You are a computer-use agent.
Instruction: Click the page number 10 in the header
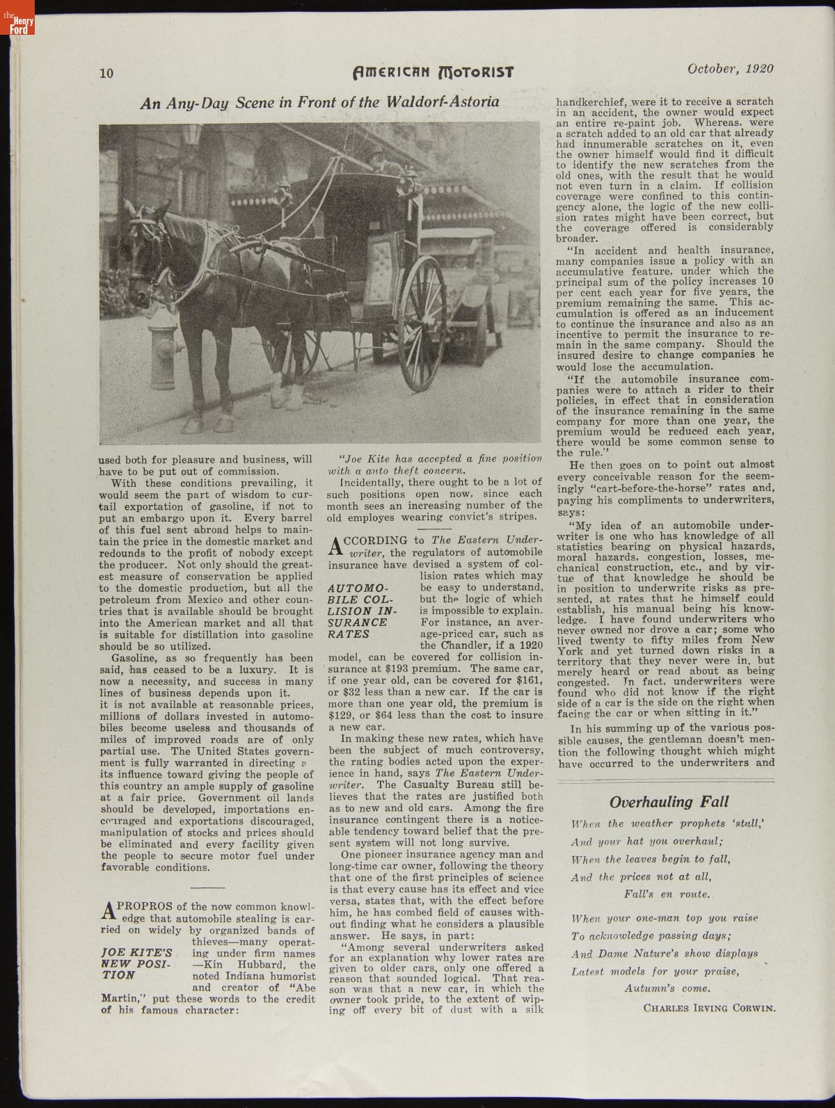pos(106,72)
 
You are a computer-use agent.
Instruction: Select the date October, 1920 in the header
pos(730,69)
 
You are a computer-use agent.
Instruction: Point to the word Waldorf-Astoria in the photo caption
pos(443,102)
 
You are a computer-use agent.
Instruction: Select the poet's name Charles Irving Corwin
pos(708,1007)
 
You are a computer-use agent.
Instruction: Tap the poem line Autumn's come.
pos(667,988)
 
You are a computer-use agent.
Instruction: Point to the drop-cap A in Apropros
pos(108,911)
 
